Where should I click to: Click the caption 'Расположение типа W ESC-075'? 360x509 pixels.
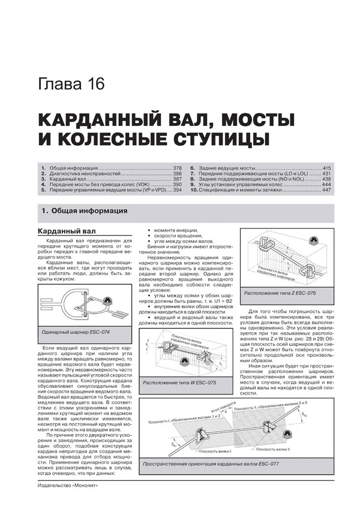pos(179,382)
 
